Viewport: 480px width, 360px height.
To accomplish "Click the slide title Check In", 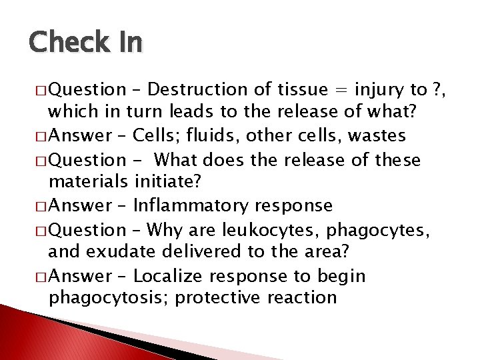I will tap(85, 43).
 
